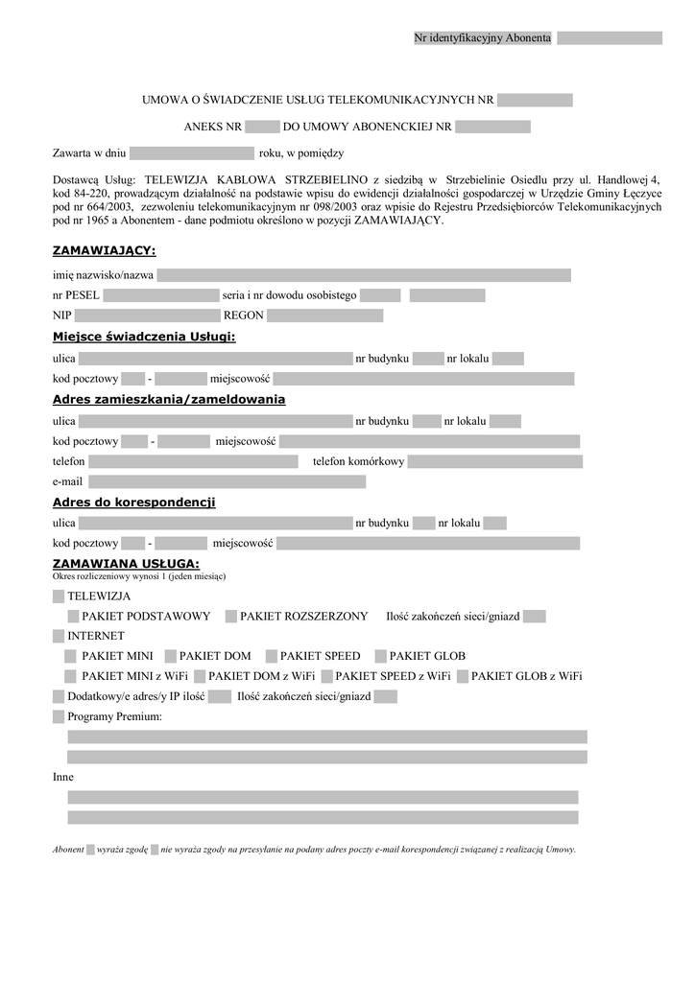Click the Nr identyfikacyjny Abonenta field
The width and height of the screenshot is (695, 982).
click(609, 38)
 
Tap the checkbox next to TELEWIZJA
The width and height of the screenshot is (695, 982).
click(60, 596)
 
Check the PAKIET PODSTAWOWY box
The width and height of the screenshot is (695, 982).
click(73, 616)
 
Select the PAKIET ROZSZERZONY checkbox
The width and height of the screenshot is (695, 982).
click(231, 616)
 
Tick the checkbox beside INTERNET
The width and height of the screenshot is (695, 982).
click(60, 636)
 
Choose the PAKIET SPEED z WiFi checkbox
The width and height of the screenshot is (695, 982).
click(326, 676)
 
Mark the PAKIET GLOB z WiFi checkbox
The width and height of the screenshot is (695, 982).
click(463, 676)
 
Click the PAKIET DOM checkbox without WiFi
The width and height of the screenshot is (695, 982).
click(170, 656)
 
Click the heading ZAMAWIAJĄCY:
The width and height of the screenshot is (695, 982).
click(104, 251)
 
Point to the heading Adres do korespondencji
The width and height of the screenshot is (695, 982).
click(133, 503)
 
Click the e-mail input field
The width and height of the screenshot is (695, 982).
click(227, 481)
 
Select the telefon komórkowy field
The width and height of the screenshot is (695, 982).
click(494, 461)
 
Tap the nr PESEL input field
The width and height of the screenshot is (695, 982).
click(160, 295)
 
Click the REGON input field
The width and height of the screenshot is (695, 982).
click(324, 316)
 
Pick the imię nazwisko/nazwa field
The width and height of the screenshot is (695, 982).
click(364, 275)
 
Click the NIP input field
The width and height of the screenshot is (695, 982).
click(147, 316)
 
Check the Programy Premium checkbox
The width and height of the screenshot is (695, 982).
click(60, 716)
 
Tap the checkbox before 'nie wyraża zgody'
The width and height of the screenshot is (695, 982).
click(155, 849)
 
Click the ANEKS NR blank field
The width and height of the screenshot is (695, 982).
click(261, 127)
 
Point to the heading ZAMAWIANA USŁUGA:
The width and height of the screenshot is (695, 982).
click(126, 563)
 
